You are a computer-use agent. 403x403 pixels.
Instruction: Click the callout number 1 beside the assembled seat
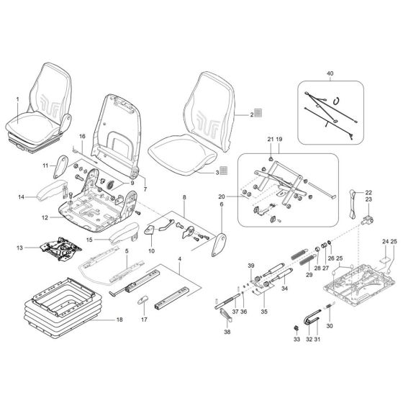click(x=17, y=98)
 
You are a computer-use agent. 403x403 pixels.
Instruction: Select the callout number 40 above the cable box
click(x=330, y=74)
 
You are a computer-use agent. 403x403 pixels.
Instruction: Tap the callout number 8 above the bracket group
click(x=184, y=196)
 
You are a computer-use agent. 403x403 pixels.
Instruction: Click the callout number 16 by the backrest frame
click(x=82, y=136)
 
